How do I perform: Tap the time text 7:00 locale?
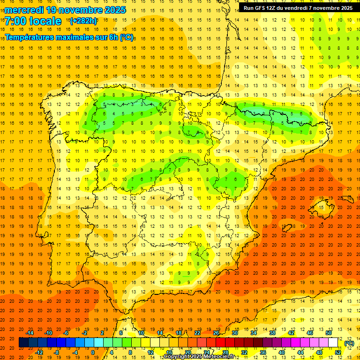coord(33,21)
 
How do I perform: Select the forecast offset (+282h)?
coord(83,21)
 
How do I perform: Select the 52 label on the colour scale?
coord(338,352)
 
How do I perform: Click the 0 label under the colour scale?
coord(93,352)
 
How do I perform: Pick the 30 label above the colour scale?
coord(235,333)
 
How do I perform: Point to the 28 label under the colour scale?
coord(225,352)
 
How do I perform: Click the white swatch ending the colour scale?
coord(333,343)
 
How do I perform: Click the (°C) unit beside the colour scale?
coord(349,343)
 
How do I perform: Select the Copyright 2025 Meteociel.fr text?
coord(206,357)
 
